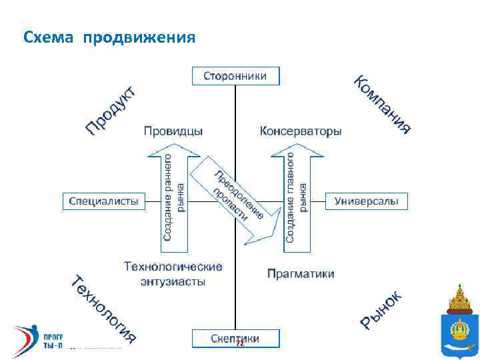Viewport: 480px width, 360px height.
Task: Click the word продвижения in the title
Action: pos(139,37)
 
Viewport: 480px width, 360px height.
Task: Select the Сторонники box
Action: pos(235,76)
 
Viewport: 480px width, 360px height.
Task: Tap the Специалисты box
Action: pos(104,201)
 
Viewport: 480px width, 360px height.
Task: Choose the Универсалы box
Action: pos(366,201)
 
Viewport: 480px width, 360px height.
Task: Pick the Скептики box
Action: pos(235,338)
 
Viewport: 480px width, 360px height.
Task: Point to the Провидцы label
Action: pos(173,131)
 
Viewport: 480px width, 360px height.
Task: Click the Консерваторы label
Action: pos(301,131)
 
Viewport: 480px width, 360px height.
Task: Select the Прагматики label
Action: pos(301,273)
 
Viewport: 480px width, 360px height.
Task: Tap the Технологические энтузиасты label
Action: pos(173,273)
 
